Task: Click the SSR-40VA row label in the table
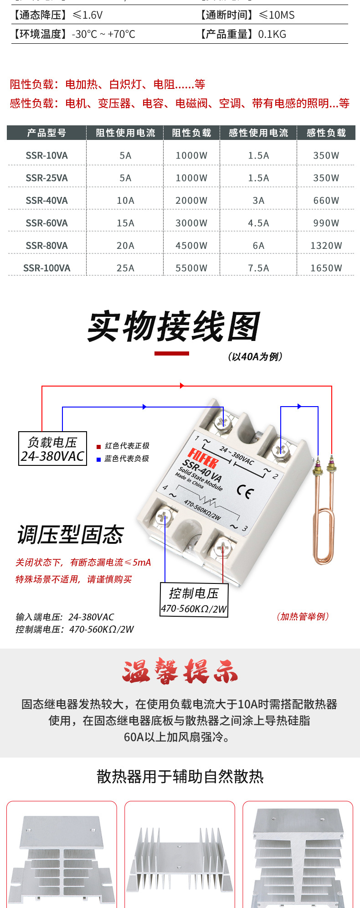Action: tap(46, 201)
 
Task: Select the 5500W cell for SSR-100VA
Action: tap(191, 268)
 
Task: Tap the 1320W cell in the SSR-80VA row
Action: tap(326, 246)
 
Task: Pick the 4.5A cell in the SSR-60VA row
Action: tap(258, 223)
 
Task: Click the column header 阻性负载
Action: tap(191, 133)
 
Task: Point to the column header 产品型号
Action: tap(46, 133)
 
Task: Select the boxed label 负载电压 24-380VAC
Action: tap(52, 449)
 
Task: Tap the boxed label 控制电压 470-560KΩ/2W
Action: tap(194, 600)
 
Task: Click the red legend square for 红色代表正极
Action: tap(98, 447)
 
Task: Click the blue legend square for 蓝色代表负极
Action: tap(98, 459)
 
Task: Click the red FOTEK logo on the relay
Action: tap(203, 458)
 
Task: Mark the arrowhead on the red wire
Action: tap(182, 386)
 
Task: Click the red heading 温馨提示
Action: tap(180, 671)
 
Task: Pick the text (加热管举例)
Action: tap(303, 617)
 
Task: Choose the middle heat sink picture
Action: tap(180, 855)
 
